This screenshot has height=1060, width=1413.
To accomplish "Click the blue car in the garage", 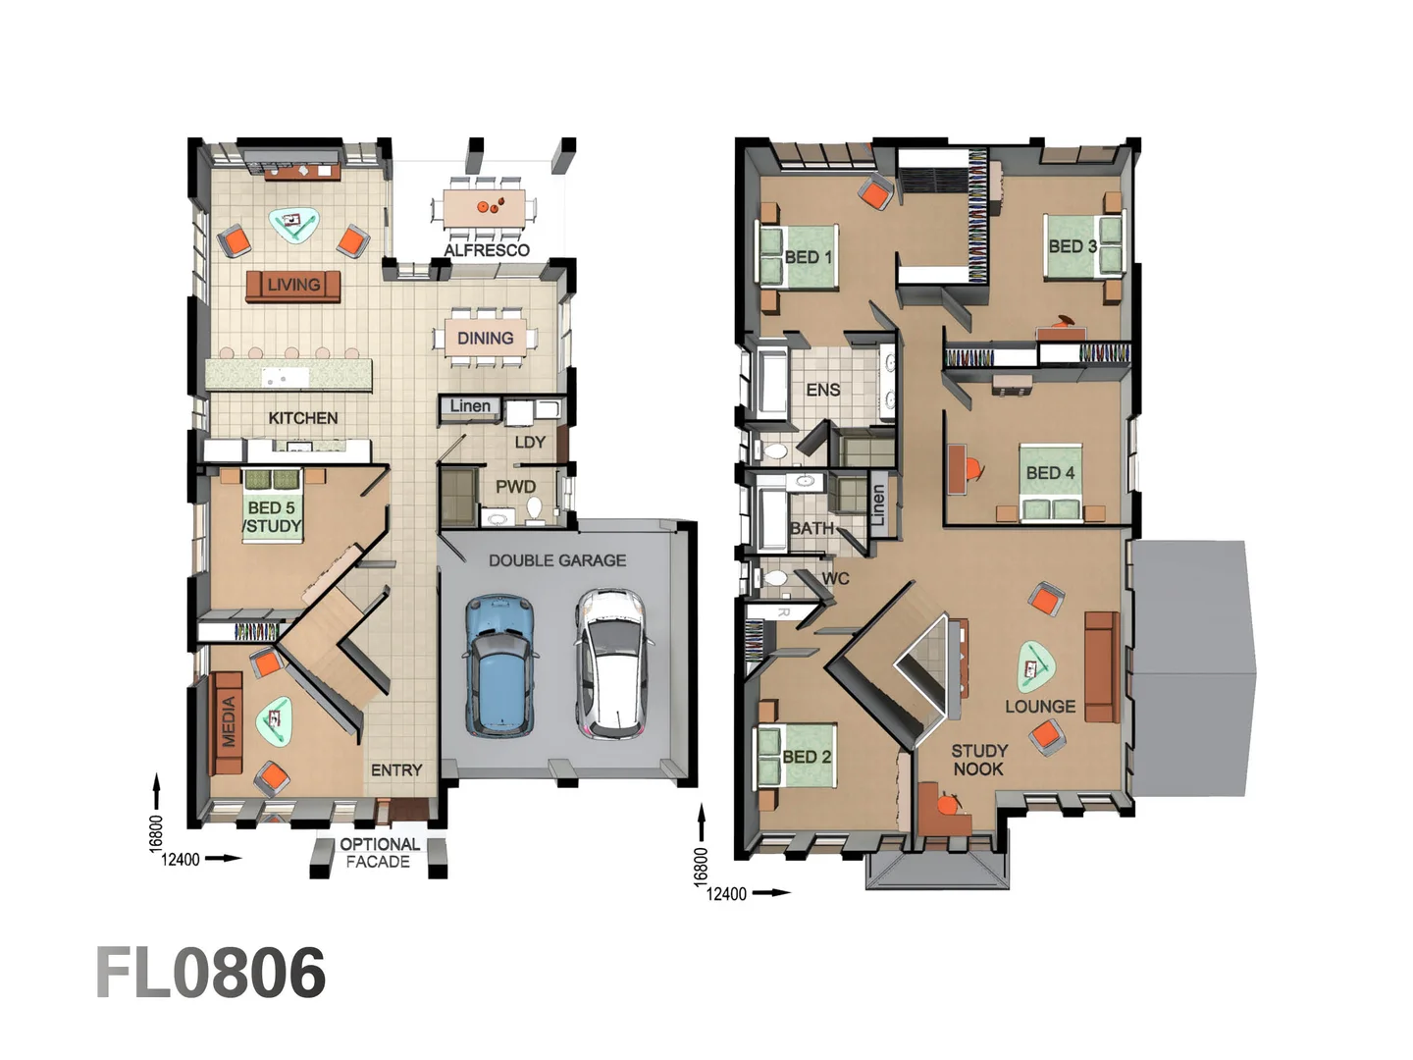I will pyautogui.click(x=501, y=665).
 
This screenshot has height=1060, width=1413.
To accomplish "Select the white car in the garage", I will pyautogui.click(x=612, y=663).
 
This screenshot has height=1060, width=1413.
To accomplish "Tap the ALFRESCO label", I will pyautogui.click(x=486, y=250).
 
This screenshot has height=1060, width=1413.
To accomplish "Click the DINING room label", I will pyautogui.click(x=485, y=338).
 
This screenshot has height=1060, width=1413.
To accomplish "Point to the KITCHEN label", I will pyautogui.click(x=302, y=418).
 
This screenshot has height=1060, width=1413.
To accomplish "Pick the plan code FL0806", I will pyautogui.click(x=210, y=973).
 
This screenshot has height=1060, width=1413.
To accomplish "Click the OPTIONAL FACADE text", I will pyautogui.click(x=379, y=853).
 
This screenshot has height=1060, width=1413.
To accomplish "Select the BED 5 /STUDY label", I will pyautogui.click(x=272, y=517).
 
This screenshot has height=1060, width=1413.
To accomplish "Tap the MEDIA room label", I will pyautogui.click(x=229, y=721).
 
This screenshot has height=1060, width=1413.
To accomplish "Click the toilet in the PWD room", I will pyautogui.click(x=535, y=507).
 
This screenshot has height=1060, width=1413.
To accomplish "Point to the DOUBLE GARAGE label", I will pyautogui.click(x=556, y=560).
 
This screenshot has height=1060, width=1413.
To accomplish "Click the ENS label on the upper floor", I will pyautogui.click(x=822, y=390).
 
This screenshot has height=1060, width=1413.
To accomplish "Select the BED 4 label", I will pyautogui.click(x=1050, y=473).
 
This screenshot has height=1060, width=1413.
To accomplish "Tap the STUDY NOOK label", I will pyautogui.click(x=978, y=760).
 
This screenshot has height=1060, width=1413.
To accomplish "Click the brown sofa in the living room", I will pyautogui.click(x=292, y=286).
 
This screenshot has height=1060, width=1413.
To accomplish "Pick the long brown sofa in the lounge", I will pyautogui.click(x=1101, y=667).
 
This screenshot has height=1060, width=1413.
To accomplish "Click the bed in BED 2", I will pyautogui.click(x=795, y=757).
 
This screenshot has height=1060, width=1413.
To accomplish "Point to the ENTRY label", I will pyautogui.click(x=396, y=770).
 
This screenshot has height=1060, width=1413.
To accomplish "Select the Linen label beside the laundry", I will pyautogui.click(x=470, y=406).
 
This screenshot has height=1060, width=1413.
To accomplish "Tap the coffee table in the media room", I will pyautogui.click(x=275, y=721).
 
